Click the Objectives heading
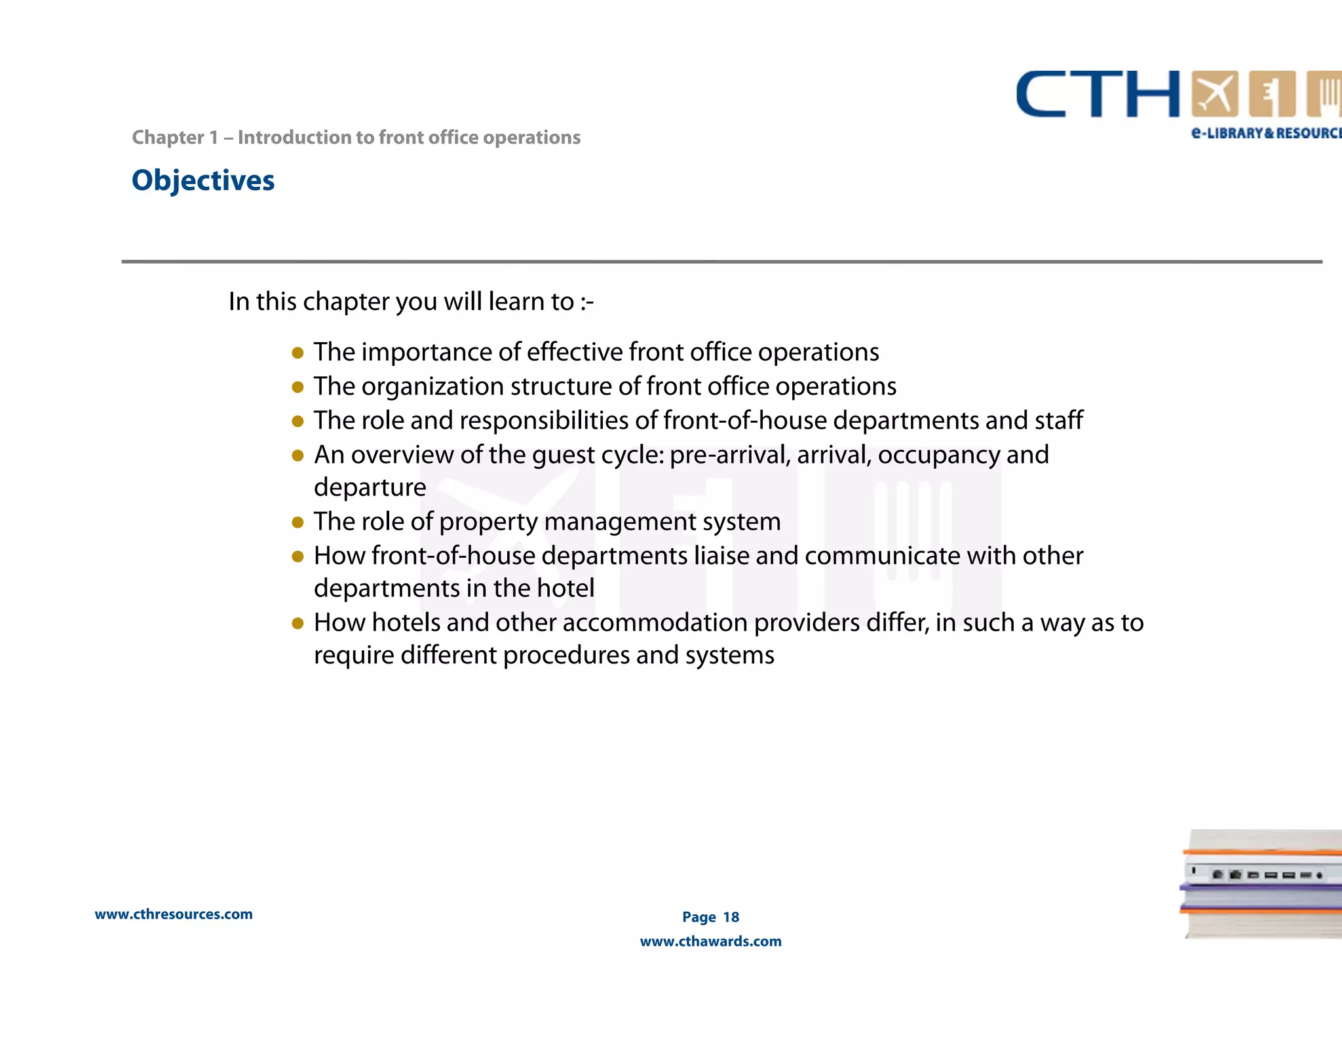click(x=203, y=181)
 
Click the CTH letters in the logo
click(x=1098, y=95)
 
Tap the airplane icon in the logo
click(x=1214, y=94)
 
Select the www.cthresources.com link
click(x=174, y=914)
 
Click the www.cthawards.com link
click(x=710, y=941)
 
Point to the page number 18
click(x=731, y=917)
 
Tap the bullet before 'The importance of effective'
click(x=297, y=353)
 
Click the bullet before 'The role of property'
click(x=297, y=522)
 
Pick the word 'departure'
click(x=370, y=488)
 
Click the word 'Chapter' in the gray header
click(x=168, y=138)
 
